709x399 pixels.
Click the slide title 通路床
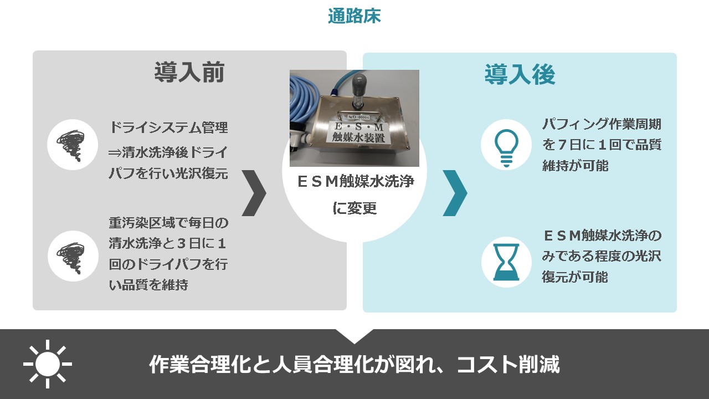tap(354, 16)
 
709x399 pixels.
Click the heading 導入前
tap(189, 73)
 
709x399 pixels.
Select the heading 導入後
tap(520, 74)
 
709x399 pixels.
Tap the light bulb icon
tap(506, 148)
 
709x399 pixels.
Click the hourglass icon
tap(506, 262)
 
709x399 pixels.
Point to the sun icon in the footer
tap(48, 364)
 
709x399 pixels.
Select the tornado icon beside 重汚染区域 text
tap(71, 258)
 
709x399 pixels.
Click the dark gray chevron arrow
tap(254, 193)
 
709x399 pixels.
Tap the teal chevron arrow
tap(455, 193)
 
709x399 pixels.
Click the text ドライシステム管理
tap(168, 127)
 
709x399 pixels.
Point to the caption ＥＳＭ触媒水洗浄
tap(356, 181)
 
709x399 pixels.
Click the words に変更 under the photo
tap(354, 208)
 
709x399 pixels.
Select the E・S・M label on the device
tap(359, 127)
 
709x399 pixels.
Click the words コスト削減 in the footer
tap(508, 365)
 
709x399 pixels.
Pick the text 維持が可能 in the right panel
tap(575, 166)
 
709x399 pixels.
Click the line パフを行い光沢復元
tap(168, 173)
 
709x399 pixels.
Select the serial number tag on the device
tap(358, 117)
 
